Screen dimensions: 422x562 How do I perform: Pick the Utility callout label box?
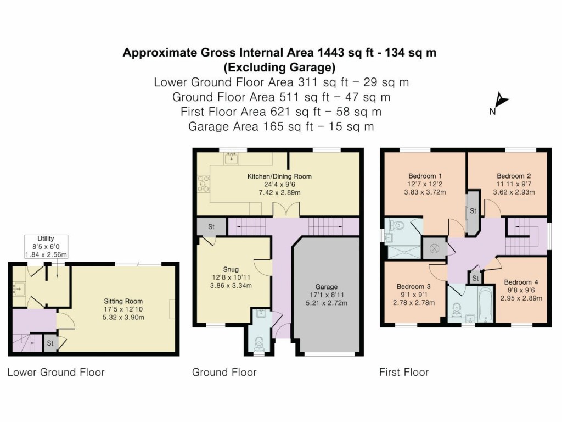coord(46,247)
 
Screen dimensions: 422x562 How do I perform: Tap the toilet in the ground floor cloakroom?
coord(260,342)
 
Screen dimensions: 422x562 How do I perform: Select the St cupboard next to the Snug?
coord(211,226)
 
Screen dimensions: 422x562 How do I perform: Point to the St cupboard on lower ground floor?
coord(50,343)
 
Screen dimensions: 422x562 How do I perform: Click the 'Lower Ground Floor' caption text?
coord(55,373)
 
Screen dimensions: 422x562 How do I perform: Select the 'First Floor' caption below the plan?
coord(403,373)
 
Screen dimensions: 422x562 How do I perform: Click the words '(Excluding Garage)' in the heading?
coord(279,68)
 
